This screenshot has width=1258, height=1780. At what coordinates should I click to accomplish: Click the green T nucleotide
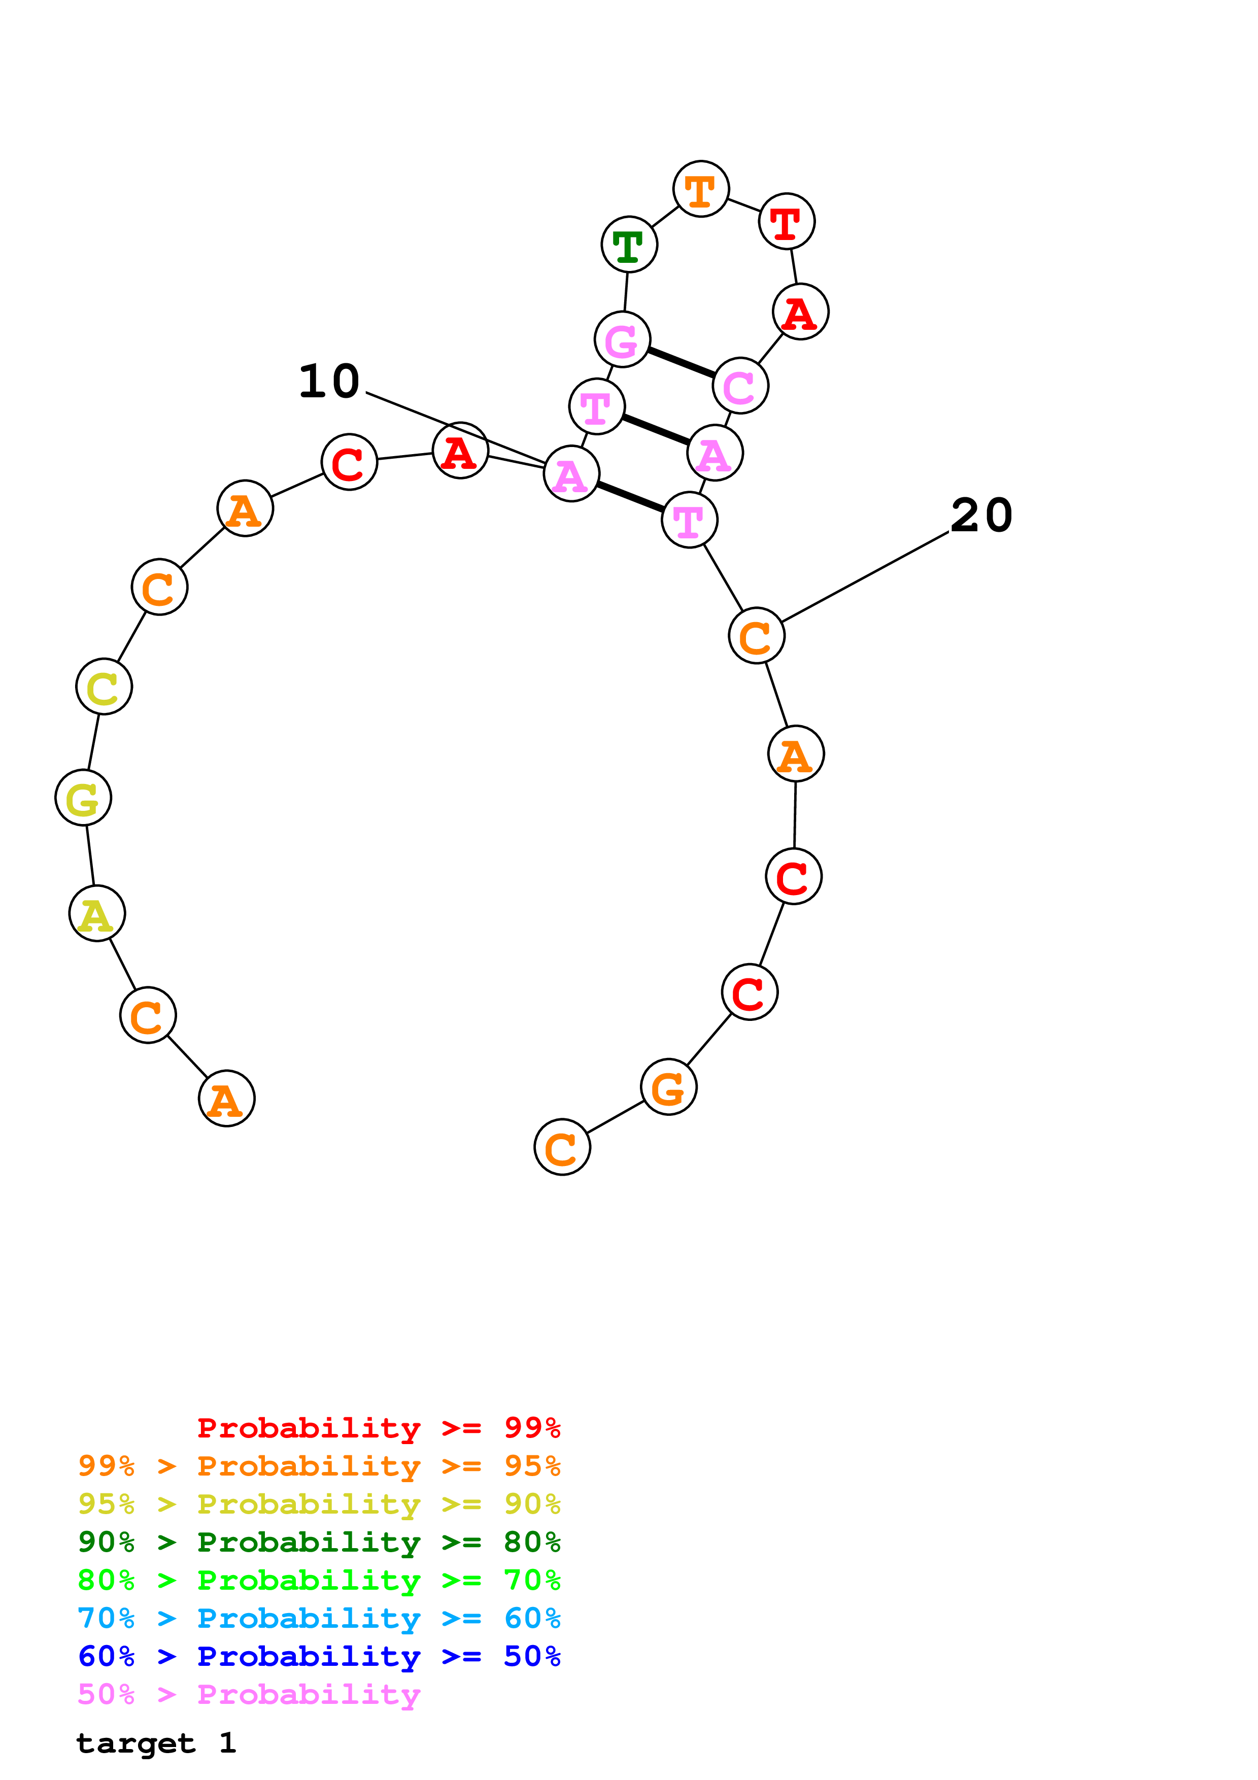tap(629, 244)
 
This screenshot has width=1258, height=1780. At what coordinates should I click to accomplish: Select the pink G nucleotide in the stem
tap(622, 339)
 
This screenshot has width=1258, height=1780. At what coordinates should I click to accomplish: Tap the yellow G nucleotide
tap(83, 798)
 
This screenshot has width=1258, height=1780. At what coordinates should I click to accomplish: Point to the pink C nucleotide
tap(740, 386)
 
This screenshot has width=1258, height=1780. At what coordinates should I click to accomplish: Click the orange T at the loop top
tap(701, 190)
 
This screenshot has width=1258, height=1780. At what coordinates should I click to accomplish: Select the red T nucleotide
tap(786, 222)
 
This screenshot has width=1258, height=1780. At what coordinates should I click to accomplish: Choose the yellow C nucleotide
tap(104, 687)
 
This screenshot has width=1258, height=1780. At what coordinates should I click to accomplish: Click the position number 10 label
tap(329, 382)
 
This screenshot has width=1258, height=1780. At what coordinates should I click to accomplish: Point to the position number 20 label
tap(981, 516)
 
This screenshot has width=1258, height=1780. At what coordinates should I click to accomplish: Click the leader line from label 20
tap(864, 577)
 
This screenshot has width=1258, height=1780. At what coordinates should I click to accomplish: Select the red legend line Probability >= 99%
tap(378, 1428)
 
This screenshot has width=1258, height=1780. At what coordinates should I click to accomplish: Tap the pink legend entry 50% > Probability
tap(249, 1695)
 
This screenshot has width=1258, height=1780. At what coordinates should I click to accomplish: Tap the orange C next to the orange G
tap(562, 1147)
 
